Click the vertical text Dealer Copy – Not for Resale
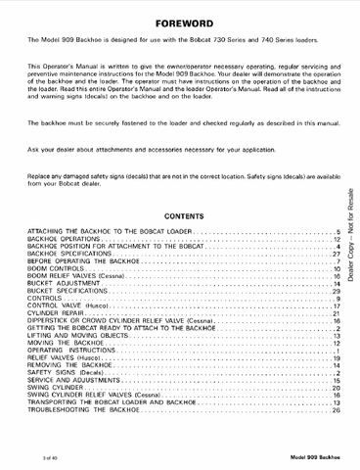point(350,235)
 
